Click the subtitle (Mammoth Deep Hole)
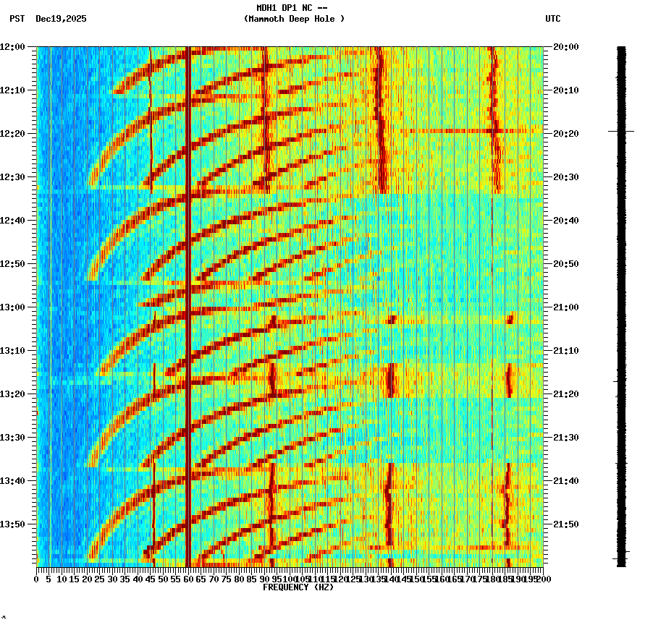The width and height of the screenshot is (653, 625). [294, 19]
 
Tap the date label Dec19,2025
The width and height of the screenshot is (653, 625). [61, 19]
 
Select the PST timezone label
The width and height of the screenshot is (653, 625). [17, 19]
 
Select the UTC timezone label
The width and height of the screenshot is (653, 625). [552, 19]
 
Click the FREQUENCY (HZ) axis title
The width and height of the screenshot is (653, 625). [298, 587]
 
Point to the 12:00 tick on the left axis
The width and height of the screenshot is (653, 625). [13, 47]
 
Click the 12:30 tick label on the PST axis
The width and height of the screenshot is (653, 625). [13, 177]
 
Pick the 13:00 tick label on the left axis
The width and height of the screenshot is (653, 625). [13, 307]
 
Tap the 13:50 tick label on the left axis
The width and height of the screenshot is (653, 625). [13, 524]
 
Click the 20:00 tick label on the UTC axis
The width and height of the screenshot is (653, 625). [565, 47]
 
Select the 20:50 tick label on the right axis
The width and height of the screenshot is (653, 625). [565, 264]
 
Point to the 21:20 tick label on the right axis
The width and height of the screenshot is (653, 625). [565, 394]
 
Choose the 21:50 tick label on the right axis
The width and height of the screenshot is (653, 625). [565, 524]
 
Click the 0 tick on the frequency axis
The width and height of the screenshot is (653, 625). [37, 579]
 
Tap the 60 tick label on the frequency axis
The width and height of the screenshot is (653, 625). [188, 579]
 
